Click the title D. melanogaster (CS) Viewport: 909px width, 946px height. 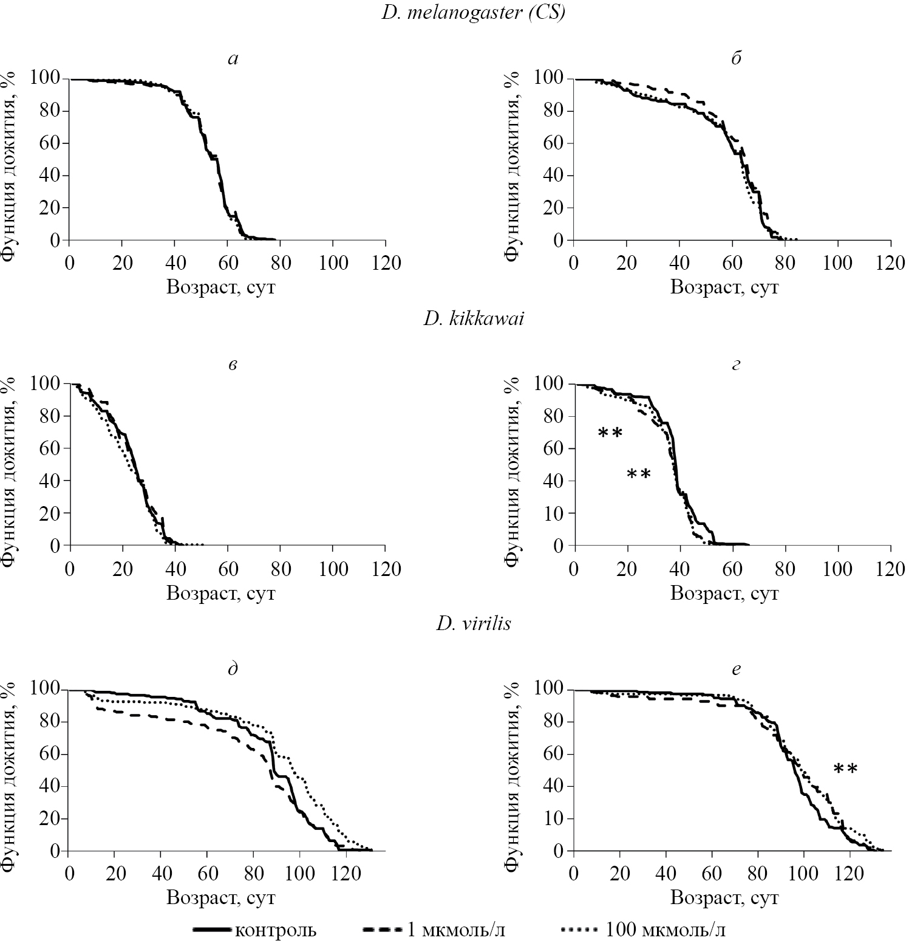473,13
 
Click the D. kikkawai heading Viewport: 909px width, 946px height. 473,318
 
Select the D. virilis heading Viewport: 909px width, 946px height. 473,624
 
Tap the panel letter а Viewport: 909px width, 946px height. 232,59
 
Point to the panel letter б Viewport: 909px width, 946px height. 736,58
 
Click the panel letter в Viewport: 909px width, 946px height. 232,365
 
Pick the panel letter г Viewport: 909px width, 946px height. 736,365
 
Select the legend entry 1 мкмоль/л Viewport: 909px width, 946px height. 463,930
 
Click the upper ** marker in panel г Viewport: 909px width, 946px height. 610,433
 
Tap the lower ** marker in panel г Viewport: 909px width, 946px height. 638,474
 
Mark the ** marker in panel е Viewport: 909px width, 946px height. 845,769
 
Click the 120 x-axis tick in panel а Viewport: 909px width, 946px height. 386,264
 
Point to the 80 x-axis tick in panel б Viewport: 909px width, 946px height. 785,264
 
